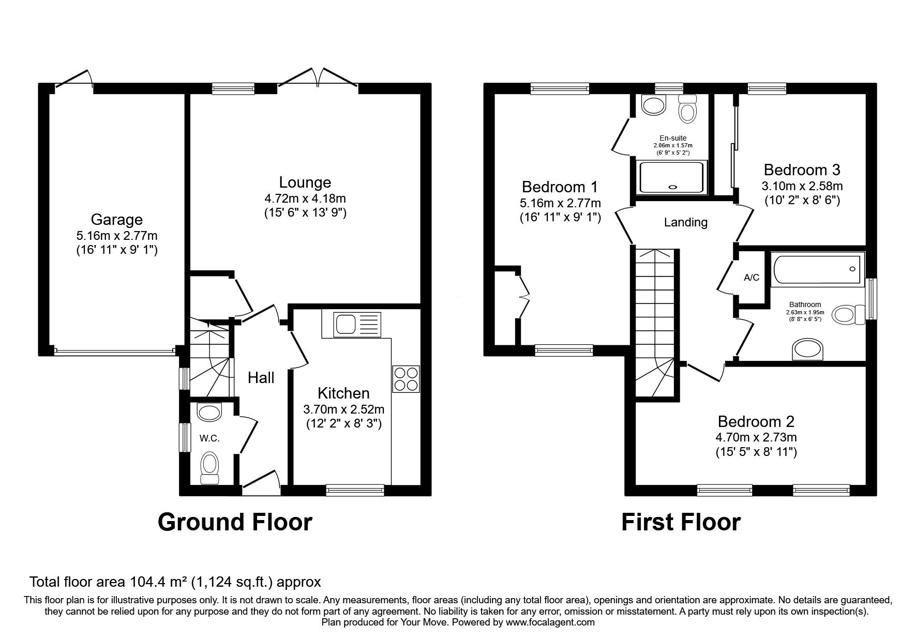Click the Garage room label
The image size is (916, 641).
point(117,220)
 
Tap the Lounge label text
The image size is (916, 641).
point(305,182)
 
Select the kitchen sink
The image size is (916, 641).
point(351,325)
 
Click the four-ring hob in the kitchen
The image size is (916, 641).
point(406,379)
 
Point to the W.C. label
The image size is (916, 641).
point(209,438)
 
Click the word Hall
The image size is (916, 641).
point(261,378)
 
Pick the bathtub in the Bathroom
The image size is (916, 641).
point(817,269)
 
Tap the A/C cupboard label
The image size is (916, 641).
point(752,278)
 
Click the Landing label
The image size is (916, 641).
point(686,222)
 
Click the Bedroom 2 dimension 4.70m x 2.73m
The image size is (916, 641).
point(756,437)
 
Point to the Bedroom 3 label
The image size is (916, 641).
point(802,170)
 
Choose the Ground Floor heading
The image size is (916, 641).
point(235,522)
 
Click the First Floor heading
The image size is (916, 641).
point(681,522)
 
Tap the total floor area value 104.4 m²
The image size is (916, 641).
point(157,582)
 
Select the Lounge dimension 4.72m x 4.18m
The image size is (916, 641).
point(305,198)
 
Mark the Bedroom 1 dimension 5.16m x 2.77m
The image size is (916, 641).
point(561,203)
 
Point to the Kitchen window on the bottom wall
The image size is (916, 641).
point(355,489)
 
